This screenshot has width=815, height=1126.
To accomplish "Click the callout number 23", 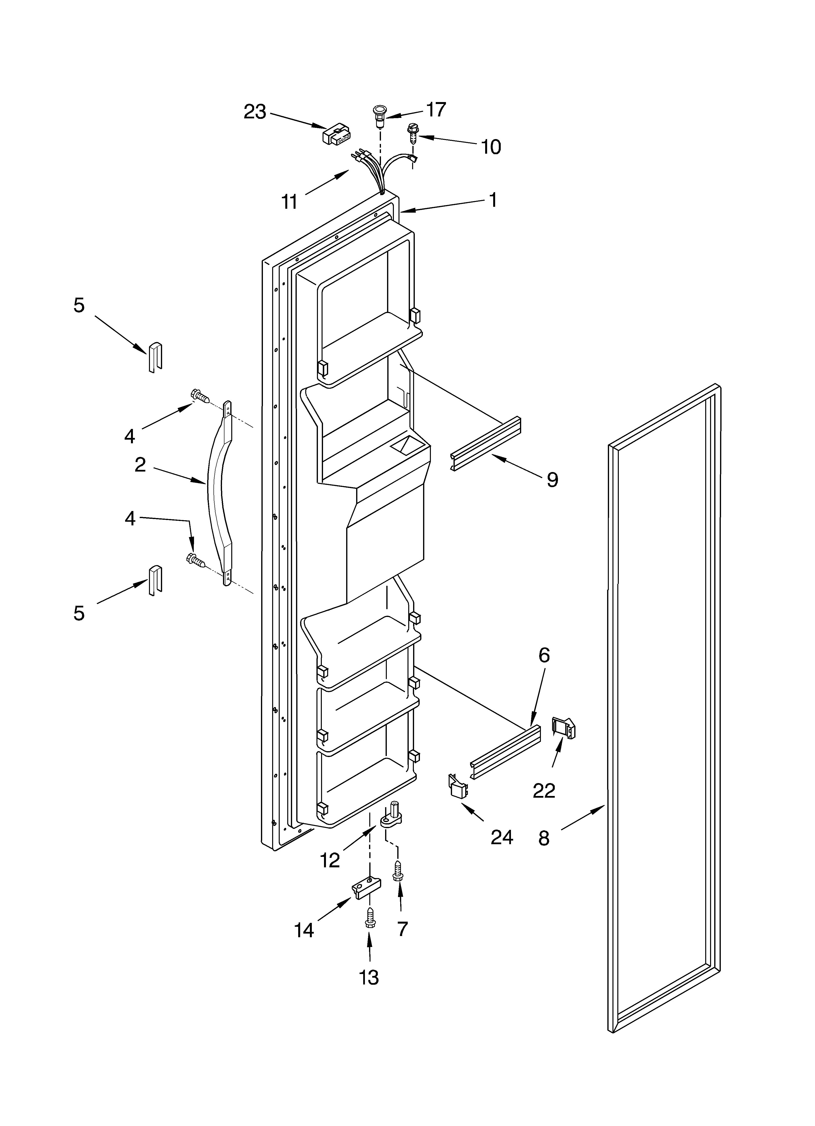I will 255,112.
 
